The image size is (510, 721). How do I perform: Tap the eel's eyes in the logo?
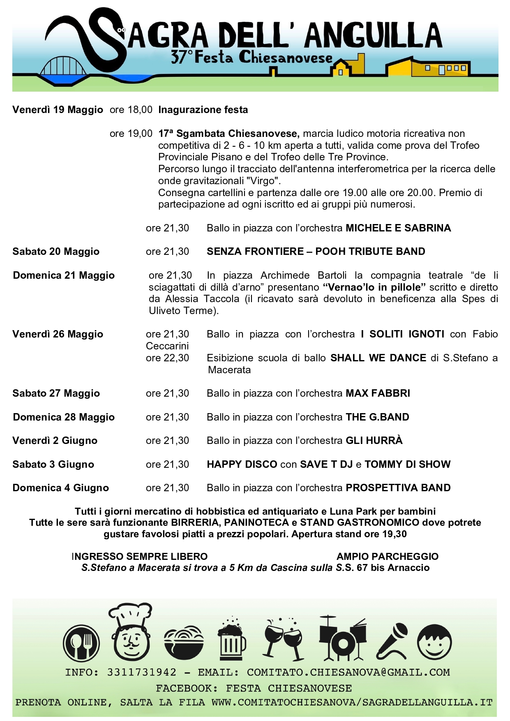[x=121, y=30]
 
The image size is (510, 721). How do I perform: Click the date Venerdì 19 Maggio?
[x=58, y=110]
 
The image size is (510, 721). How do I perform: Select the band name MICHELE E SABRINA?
[x=398, y=228]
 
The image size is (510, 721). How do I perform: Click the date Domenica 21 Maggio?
[x=64, y=275]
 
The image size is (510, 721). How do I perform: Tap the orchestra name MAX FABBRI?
[x=378, y=393]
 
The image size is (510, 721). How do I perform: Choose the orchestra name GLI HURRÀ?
[x=374, y=441]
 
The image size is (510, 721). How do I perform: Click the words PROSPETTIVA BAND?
[x=398, y=488]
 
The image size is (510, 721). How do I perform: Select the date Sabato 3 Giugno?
[x=53, y=464]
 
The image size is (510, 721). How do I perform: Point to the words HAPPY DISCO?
[x=242, y=464]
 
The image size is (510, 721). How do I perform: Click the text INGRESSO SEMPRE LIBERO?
[x=140, y=557]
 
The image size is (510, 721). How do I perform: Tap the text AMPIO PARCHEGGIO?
[x=388, y=557]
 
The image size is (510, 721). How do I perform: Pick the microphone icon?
[x=392, y=641]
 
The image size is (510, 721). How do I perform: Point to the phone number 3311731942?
[x=142, y=672]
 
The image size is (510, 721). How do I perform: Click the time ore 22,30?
[x=167, y=358]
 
